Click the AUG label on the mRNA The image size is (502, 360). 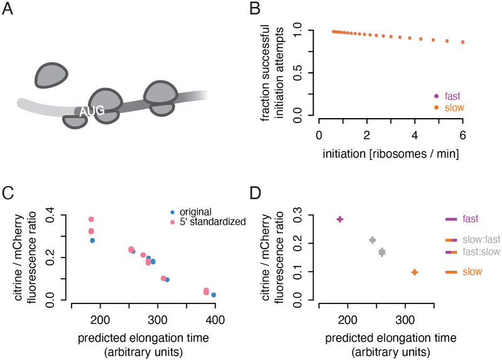click(x=91, y=111)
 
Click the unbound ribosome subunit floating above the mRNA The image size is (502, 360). click(x=49, y=75)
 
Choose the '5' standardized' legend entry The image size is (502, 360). click(x=208, y=222)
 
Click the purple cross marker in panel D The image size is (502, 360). click(x=340, y=219)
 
